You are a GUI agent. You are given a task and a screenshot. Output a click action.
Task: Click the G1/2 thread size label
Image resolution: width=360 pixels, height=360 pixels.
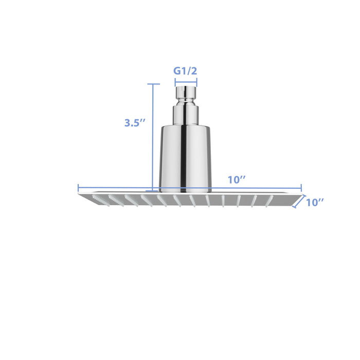pyautogui.click(x=185, y=71)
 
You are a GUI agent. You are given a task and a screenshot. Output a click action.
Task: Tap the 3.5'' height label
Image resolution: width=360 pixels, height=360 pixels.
pyautogui.click(x=135, y=123)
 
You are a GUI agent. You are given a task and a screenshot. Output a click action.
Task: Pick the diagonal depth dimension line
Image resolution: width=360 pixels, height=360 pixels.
pyautogui.click(x=297, y=202)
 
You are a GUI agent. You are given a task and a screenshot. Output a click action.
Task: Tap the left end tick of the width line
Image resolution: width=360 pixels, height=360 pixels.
pyautogui.click(x=78, y=189)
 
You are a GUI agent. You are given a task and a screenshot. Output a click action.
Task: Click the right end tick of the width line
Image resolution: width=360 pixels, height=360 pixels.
pyautogui.click(x=301, y=189)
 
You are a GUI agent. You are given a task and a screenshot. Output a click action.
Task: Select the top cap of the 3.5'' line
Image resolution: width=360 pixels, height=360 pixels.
pyautogui.click(x=153, y=84)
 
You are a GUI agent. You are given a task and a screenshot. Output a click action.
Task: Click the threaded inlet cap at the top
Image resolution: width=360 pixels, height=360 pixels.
pyautogui.click(x=185, y=92)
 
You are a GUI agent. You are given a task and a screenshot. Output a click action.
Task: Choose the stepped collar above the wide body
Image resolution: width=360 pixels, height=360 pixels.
pyautogui.click(x=185, y=114)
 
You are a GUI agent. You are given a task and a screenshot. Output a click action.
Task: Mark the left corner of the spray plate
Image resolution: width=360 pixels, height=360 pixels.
pyautogui.click(x=80, y=195)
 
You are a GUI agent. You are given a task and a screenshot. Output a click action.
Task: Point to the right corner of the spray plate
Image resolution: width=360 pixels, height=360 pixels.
pyautogui.click(x=300, y=195)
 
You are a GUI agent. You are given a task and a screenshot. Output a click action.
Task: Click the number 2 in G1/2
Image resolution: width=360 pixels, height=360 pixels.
pyautogui.click(x=193, y=71)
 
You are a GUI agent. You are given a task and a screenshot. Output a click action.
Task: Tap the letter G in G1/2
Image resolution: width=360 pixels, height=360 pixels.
pyautogui.click(x=177, y=71)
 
